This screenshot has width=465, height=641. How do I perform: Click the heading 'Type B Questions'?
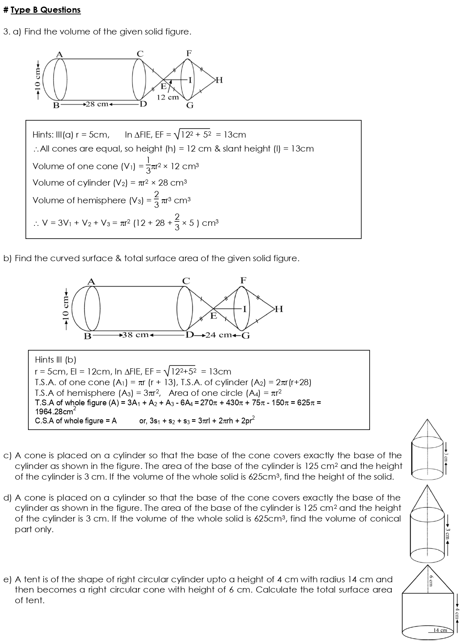(45, 10)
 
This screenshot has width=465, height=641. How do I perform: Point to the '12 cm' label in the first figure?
(168, 97)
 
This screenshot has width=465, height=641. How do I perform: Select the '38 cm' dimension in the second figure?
(136, 335)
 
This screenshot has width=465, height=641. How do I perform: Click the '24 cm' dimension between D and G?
(218, 335)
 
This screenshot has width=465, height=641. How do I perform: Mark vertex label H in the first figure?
(219, 80)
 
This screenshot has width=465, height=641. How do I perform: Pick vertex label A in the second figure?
(92, 281)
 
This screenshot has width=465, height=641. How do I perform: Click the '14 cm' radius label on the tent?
(440, 630)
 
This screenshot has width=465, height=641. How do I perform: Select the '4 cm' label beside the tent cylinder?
(457, 613)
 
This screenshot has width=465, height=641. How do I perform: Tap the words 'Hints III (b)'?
(56, 360)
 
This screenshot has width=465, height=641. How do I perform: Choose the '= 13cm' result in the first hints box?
(231, 135)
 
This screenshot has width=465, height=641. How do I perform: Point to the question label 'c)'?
(8, 455)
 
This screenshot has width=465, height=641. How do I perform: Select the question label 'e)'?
(8, 579)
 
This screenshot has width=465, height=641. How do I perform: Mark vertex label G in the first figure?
(190, 106)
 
